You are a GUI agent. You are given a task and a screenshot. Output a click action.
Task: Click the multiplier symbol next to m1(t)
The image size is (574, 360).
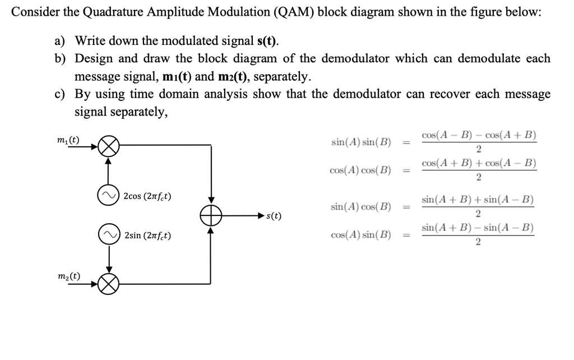pos(109,148)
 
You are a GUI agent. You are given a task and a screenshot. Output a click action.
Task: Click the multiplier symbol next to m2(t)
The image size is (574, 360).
pos(109,285)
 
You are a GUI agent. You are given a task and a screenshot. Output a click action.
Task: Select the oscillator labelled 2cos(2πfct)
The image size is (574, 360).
pos(109,195)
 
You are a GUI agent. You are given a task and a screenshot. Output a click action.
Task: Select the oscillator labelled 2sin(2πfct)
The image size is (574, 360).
pos(109,235)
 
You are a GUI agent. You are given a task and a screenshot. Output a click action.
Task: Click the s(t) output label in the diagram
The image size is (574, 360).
pos(274,215)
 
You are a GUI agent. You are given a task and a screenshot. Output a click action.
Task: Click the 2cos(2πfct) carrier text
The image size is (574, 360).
pos(147,196)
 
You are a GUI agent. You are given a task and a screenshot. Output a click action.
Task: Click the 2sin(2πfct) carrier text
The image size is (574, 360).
pos(147,236)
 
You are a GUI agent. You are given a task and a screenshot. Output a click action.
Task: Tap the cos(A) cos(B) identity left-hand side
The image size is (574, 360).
pos(362,170)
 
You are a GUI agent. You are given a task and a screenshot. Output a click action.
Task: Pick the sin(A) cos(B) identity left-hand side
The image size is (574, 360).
pos(362,207)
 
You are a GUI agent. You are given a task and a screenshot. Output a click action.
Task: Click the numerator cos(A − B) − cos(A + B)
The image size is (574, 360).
pos(478,135)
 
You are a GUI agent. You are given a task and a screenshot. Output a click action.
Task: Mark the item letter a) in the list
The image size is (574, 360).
pos(60,40)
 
